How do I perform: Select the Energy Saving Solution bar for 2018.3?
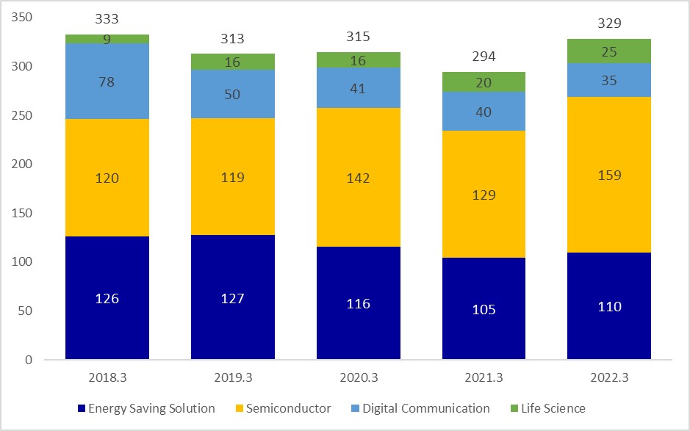(x=107, y=298)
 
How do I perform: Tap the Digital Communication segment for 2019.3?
(x=233, y=94)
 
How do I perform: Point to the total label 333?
(x=107, y=19)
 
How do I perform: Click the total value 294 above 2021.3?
(x=483, y=57)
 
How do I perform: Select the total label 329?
(x=609, y=23)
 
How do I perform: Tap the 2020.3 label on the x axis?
(x=359, y=378)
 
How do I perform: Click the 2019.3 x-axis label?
(x=233, y=378)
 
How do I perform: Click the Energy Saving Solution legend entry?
(x=147, y=408)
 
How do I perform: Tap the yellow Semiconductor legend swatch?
(x=240, y=408)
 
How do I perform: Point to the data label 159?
(x=609, y=175)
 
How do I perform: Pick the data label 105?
(x=483, y=309)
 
